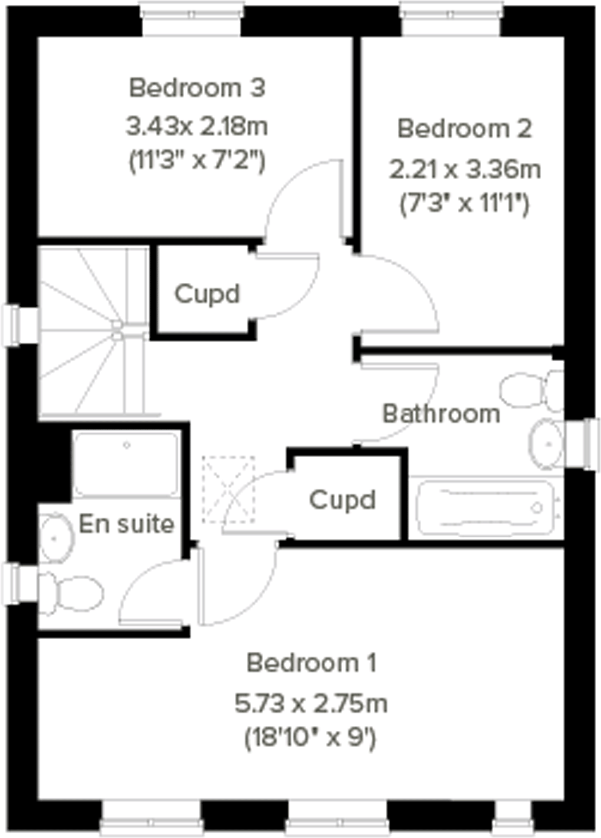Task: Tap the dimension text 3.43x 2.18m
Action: point(197,127)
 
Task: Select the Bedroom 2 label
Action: point(464,129)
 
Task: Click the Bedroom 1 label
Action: point(311,663)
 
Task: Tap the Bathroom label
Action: point(441,414)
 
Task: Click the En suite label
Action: point(126,524)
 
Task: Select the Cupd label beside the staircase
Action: point(207,294)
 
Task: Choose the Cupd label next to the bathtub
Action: point(342,500)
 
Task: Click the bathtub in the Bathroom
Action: point(485,508)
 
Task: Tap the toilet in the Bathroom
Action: point(531,390)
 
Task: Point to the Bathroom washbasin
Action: point(546,444)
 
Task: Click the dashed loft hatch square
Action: point(228,490)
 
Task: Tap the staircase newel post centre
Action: point(117,330)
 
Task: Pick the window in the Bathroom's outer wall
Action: point(582,444)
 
